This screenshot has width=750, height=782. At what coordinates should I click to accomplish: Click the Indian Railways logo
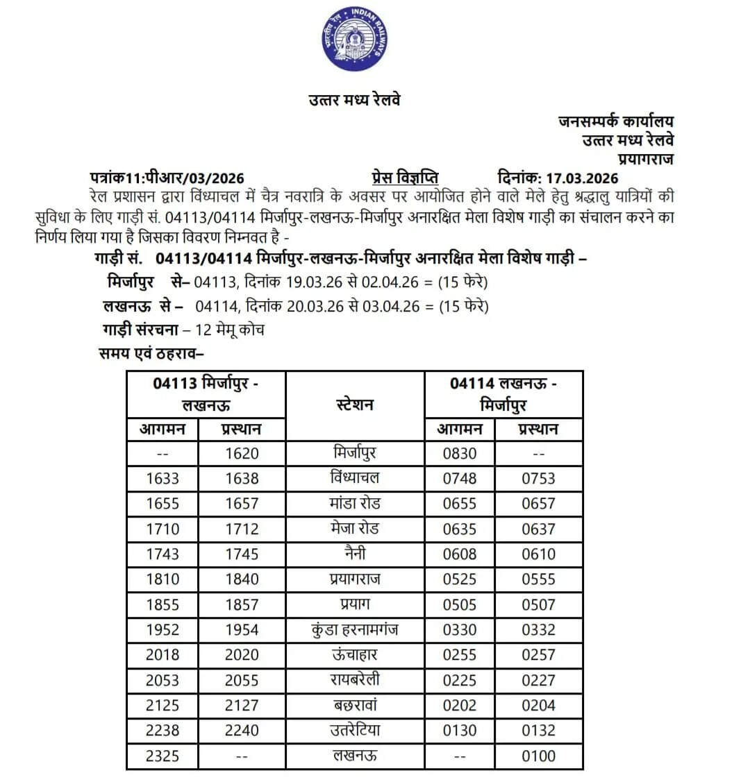(354, 39)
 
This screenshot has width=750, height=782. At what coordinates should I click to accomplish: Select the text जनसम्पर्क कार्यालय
(615, 121)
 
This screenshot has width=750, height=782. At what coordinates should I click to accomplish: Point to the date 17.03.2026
(581, 178)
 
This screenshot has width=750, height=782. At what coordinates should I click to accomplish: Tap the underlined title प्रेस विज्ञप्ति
(405, 178)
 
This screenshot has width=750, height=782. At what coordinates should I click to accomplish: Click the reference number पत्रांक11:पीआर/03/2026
(167, 178)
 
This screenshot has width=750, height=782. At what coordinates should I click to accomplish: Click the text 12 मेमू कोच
(229, 330)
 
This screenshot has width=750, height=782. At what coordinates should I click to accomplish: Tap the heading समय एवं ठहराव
(151, 353)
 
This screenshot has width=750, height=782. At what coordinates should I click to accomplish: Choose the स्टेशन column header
(355, 405)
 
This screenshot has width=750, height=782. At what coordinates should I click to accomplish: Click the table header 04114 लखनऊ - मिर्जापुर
(503, 394)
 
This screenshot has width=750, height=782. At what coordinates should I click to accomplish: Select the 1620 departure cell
(242, 454)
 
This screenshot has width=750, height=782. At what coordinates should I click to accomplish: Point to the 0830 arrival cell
(460, 454)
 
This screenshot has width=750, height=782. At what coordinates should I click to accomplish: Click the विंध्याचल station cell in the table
(355, 478)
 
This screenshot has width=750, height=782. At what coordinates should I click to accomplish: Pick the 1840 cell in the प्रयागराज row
(242, 579)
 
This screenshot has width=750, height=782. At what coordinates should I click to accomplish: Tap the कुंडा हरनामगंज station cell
(355, 630)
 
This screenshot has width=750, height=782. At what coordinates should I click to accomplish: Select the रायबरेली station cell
(355, 680)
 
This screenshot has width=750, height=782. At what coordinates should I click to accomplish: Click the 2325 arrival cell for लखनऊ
(162, 756)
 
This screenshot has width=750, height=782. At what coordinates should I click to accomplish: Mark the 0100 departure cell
(538, 756)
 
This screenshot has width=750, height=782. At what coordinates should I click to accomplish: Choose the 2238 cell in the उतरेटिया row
(162, 731)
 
